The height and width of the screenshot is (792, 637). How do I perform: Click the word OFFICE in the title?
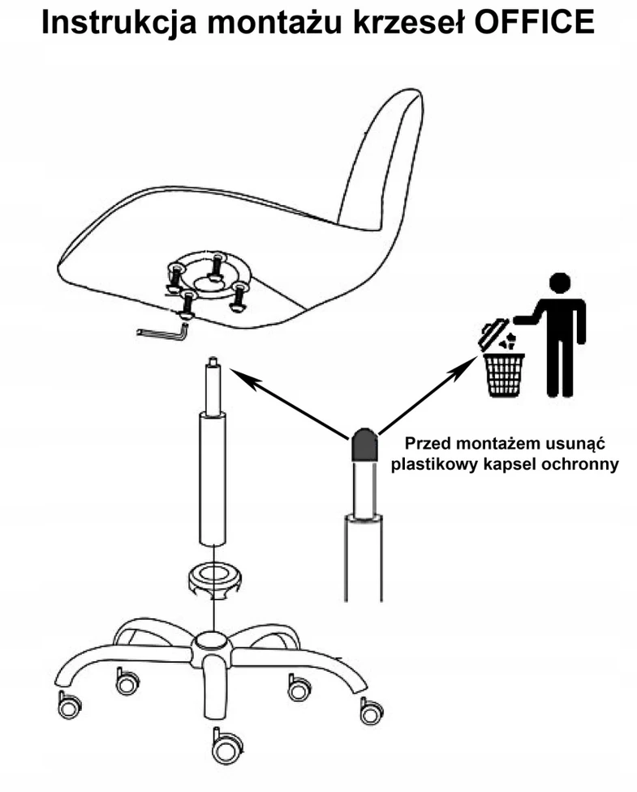535,22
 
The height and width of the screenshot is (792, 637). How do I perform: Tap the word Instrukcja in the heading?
118,24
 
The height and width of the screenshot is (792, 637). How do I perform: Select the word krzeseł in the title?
408,22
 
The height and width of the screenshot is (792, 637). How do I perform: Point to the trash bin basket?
504,375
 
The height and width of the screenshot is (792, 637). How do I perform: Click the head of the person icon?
559,283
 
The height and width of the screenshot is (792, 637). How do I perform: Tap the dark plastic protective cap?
364,445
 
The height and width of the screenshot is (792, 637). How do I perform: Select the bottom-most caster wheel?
226,747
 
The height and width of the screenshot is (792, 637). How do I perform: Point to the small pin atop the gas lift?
213,362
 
